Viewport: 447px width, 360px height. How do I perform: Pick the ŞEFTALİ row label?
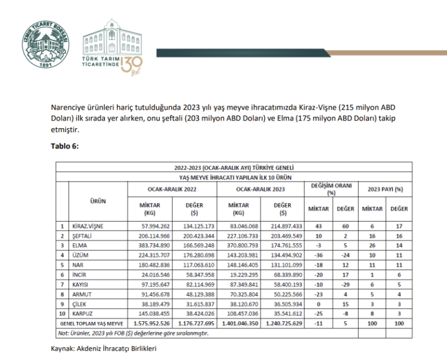83,235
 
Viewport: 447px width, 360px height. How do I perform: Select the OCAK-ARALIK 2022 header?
173,189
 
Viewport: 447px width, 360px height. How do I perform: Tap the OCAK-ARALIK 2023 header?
260,189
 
